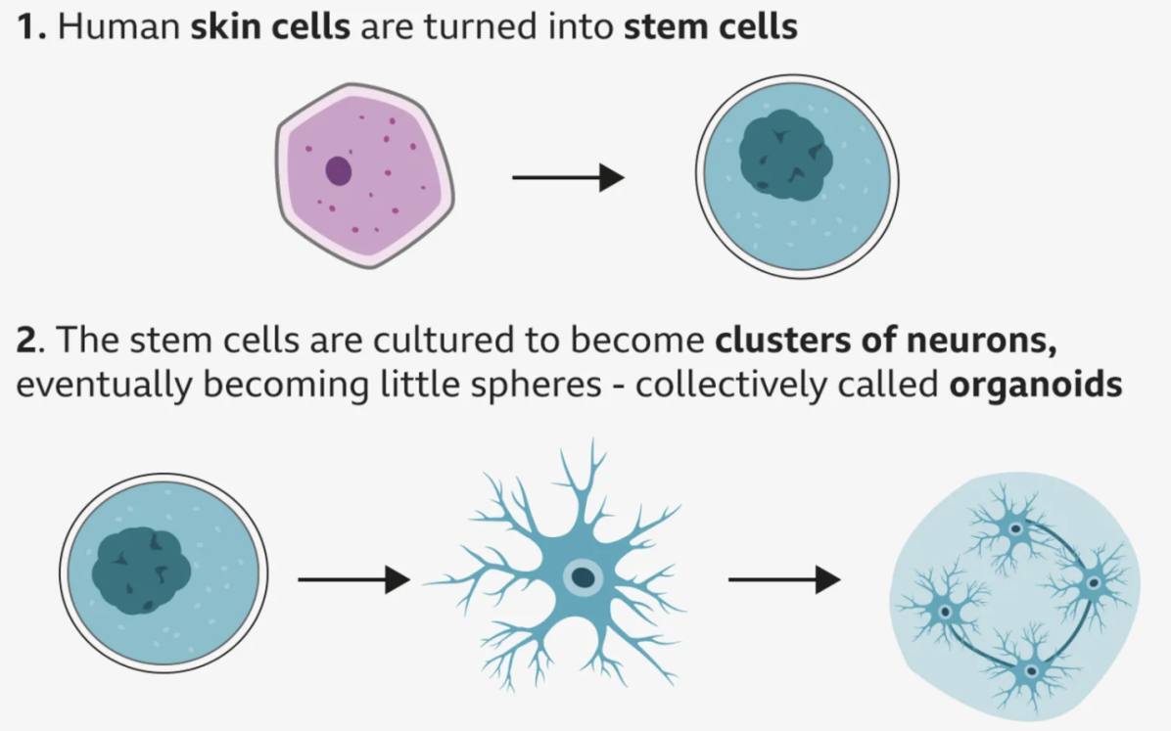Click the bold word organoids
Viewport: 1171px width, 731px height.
tap(1035, 384)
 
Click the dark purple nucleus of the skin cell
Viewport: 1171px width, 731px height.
tap(338, 171)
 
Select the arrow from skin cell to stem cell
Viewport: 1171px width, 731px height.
tap(568, 177)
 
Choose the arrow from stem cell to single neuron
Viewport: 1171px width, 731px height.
tap(353, 580)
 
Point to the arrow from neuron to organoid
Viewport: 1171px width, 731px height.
tap(784, 580)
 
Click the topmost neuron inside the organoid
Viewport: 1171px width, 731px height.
tap(1015, 529)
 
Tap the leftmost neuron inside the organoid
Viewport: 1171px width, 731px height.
tap(944, 612)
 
